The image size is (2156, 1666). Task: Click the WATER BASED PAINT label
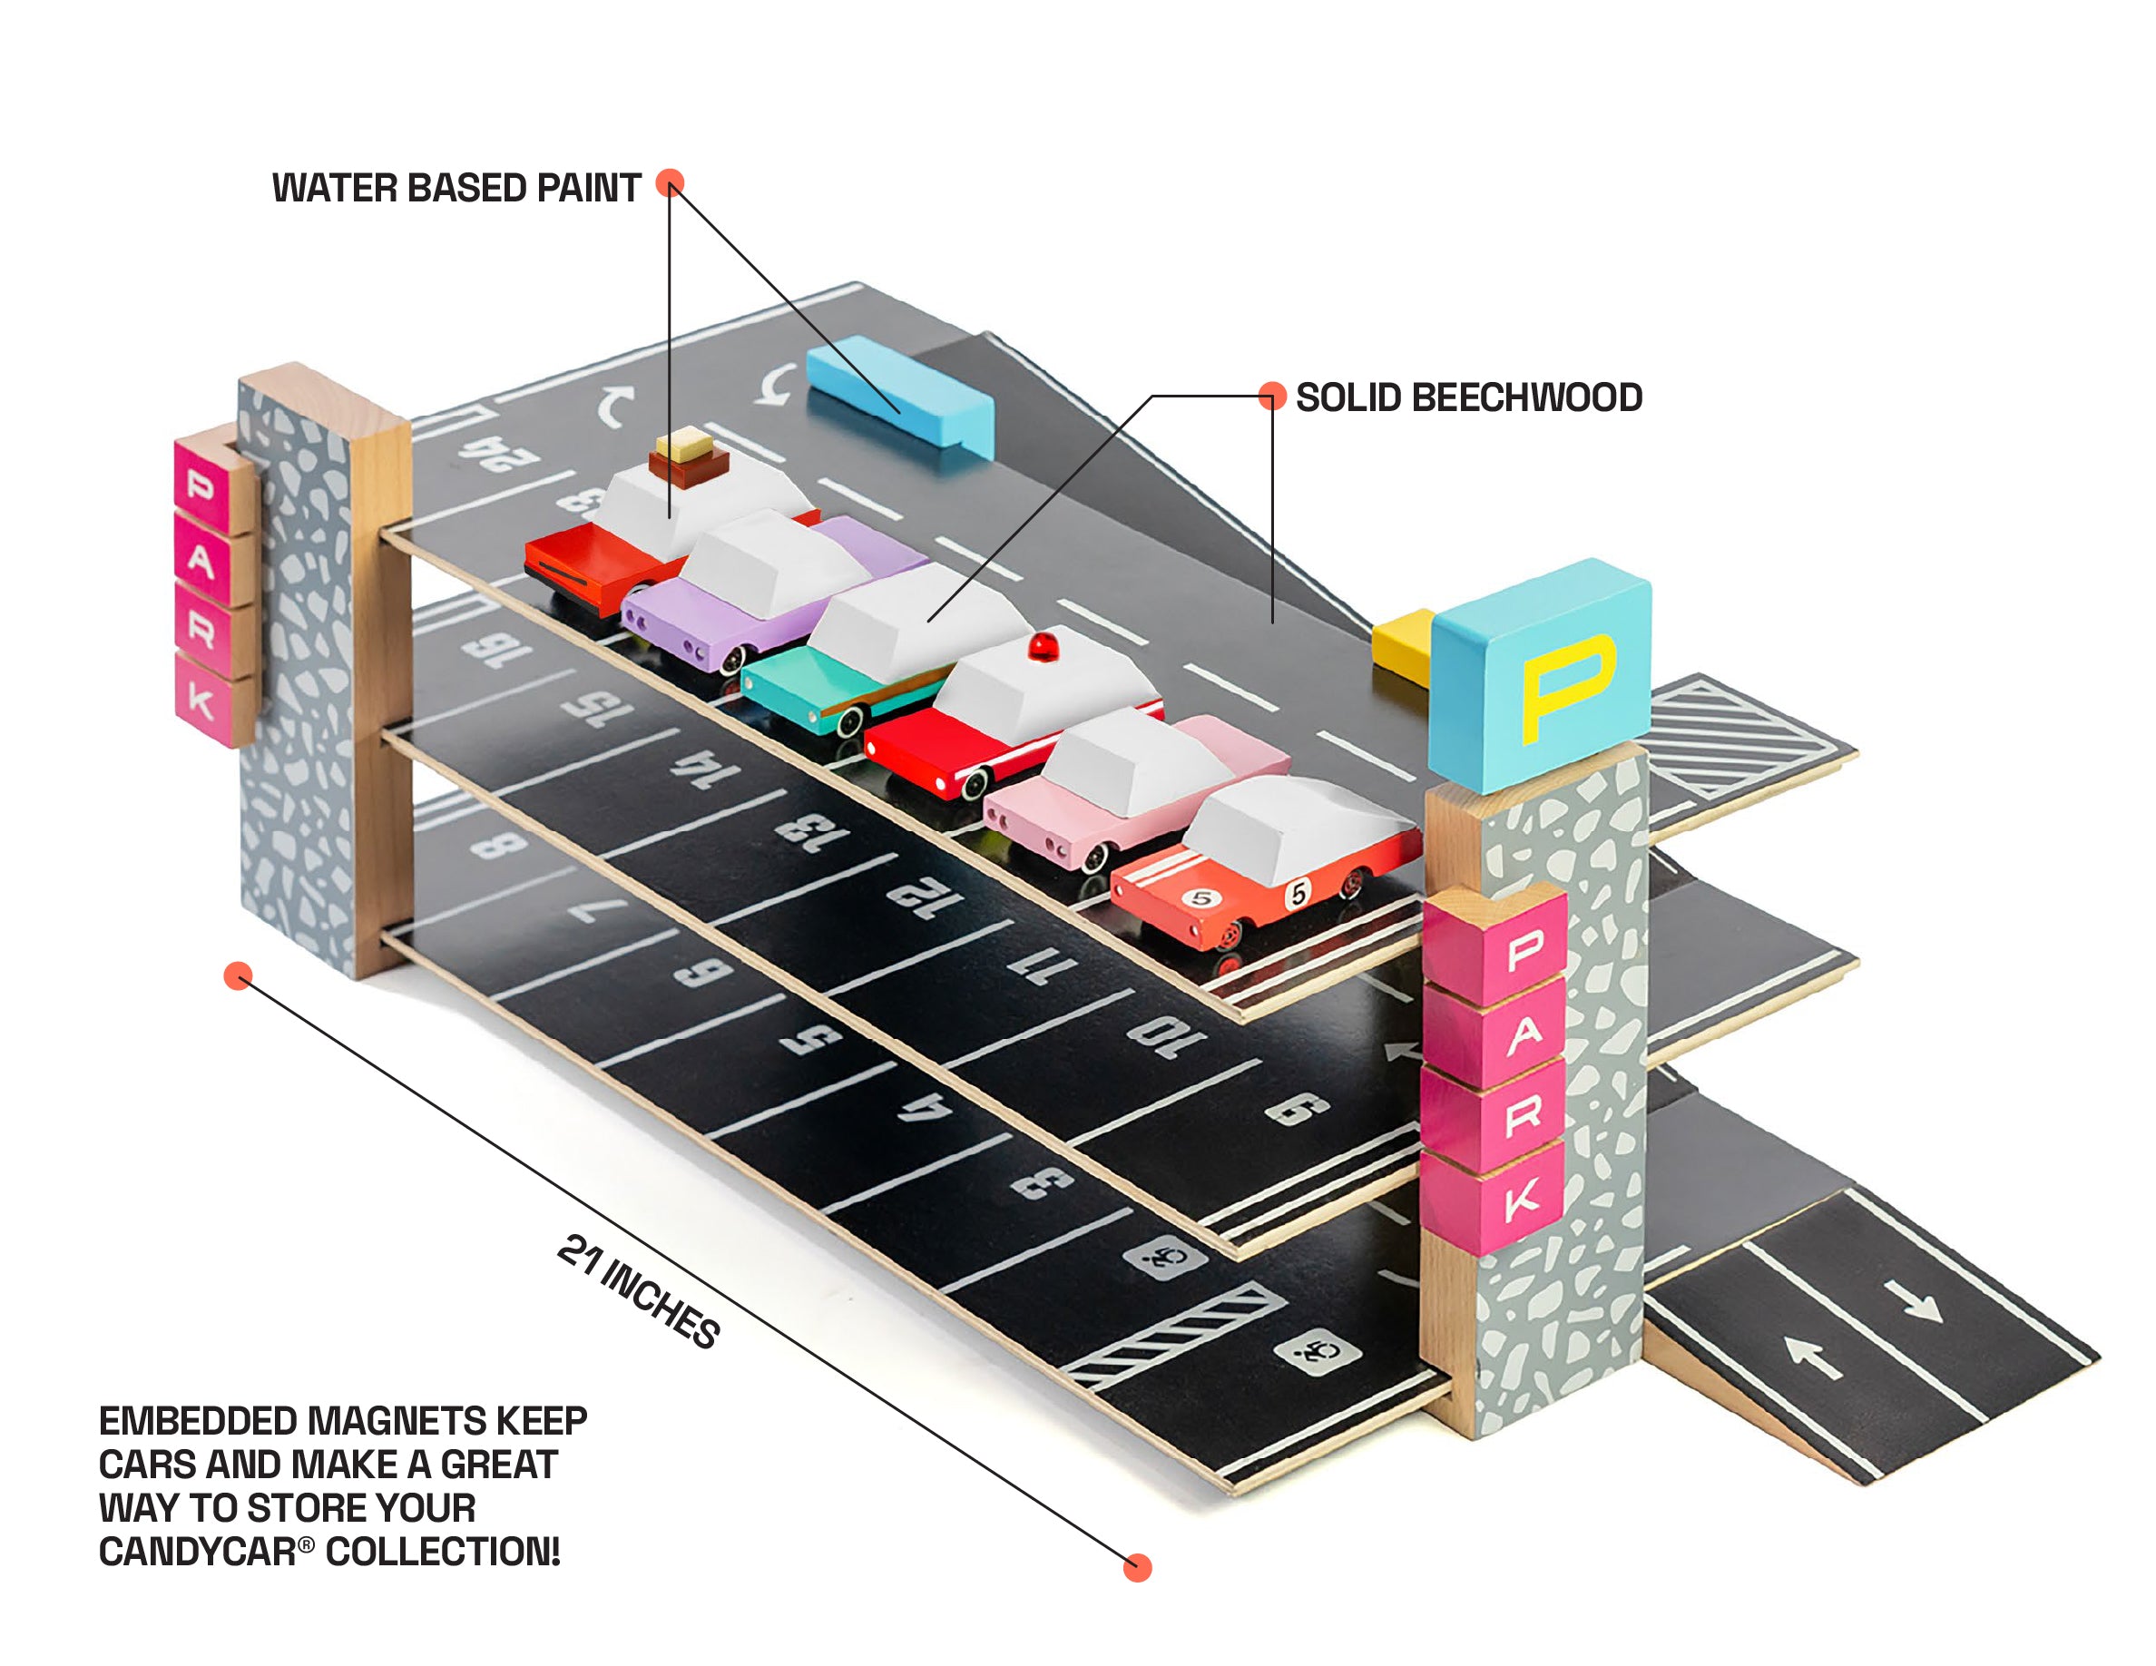click(x=456, y=188)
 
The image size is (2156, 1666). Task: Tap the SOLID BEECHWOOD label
click(x=1468, y=397)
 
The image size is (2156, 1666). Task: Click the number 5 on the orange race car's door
click(x=1298, y=894)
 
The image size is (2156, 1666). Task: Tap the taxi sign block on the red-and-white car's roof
click(x=683, y=449)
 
